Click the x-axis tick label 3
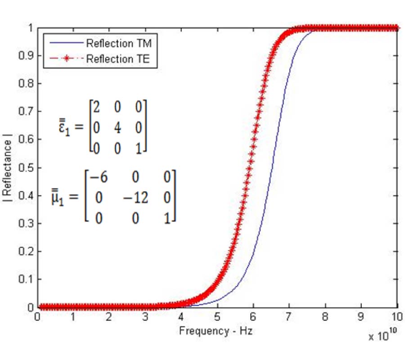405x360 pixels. (x=145, y=317)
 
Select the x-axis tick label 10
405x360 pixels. (x=397, y=317)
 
